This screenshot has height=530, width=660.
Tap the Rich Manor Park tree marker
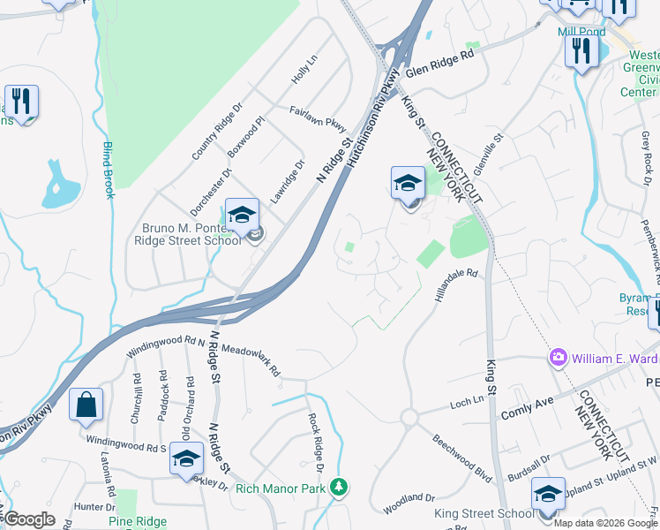click(338, 487)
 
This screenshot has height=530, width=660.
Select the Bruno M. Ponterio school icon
click(241, 214)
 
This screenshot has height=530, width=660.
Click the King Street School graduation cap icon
click(548, 494)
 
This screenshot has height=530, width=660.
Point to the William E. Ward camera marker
click(558, 358)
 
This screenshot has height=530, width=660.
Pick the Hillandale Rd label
click(455, 287)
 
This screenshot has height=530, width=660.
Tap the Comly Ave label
click(527, 407)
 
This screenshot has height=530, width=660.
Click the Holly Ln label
click(304, 70)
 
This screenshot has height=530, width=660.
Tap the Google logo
click(28, 519)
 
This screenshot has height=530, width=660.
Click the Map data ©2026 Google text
click(605, 523)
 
